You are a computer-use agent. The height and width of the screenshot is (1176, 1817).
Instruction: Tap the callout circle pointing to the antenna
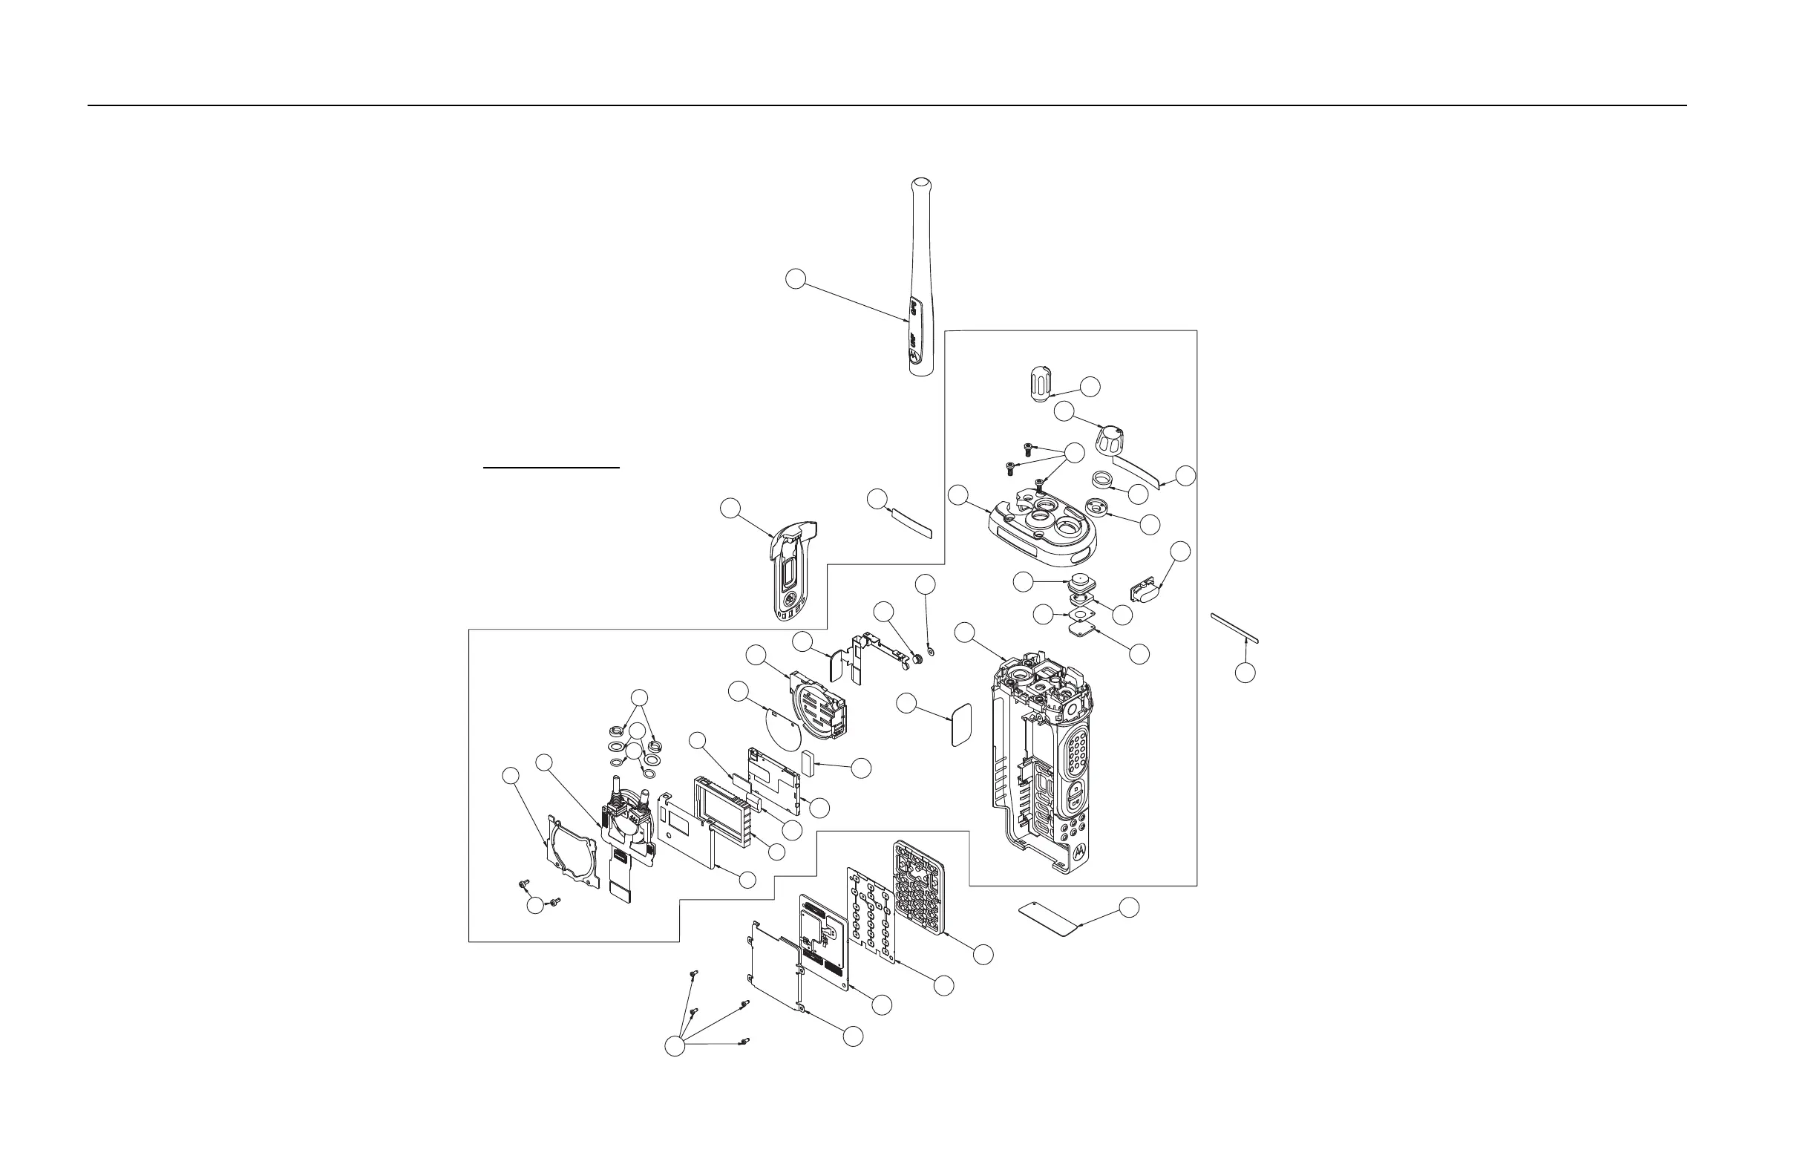coord(796,278)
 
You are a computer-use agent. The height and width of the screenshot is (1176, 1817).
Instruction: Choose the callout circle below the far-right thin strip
coord(1245,673)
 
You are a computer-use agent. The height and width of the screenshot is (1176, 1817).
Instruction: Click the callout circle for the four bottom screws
coord(675,1046)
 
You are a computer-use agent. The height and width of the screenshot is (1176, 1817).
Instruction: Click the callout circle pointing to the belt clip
coord(731,509)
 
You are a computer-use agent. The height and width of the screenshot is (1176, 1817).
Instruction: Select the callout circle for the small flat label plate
coord(1129,907)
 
